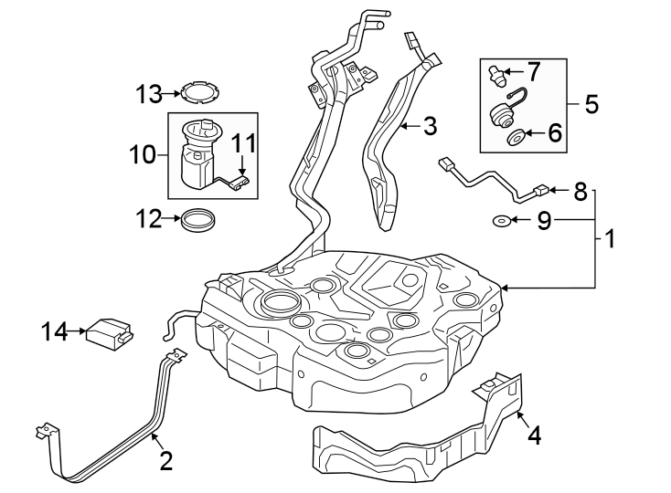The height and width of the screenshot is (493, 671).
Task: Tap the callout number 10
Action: click(x=143, y=155)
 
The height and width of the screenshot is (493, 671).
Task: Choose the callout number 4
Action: click(x=534, y=435)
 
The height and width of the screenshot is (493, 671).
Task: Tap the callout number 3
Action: click(x=430, y=126)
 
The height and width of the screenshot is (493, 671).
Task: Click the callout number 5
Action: click(x=591, y=103)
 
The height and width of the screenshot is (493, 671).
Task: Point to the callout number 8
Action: click(x=580, y=192)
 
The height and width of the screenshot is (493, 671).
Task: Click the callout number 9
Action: click(x=543, y=221)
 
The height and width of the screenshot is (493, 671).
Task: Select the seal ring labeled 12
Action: click(x=198, y=220)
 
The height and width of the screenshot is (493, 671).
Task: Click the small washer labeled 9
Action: click(x=501, y=220)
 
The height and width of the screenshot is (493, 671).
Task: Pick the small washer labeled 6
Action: click(x=515, y=138)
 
